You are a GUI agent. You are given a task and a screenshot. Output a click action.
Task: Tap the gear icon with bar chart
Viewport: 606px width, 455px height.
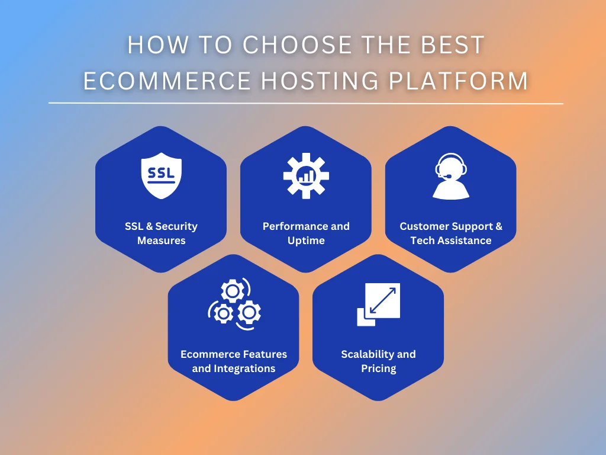point(306,175)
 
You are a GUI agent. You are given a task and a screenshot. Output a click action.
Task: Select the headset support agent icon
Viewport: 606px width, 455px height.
point(450,176)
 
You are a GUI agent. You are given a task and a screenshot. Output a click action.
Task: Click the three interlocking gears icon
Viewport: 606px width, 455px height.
point(234,303)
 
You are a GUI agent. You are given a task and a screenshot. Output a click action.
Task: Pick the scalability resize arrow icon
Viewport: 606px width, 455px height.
point(379,304)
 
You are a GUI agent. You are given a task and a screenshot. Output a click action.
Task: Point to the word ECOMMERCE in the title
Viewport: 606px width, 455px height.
point(167,81)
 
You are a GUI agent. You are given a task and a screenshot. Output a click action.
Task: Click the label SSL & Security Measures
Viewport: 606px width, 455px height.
point(161,233)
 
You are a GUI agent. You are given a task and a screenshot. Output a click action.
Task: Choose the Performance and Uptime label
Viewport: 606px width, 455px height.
point(306,233)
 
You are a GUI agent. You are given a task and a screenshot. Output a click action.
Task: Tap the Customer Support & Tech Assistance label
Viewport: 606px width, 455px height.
point(451,233)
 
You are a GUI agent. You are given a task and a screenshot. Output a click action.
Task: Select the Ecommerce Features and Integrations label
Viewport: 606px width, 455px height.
point(234,361)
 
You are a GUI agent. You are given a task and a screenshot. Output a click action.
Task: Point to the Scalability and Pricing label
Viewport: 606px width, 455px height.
point(379,361)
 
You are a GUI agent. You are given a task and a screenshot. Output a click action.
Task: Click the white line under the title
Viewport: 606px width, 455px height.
point(305,104)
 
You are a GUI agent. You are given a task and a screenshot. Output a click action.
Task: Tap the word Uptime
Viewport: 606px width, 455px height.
point(306,241)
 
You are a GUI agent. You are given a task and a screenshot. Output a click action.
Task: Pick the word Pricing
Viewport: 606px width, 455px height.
point(379,369)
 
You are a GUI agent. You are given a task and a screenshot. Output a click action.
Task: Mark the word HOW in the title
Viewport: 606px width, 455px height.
point(151,46)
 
